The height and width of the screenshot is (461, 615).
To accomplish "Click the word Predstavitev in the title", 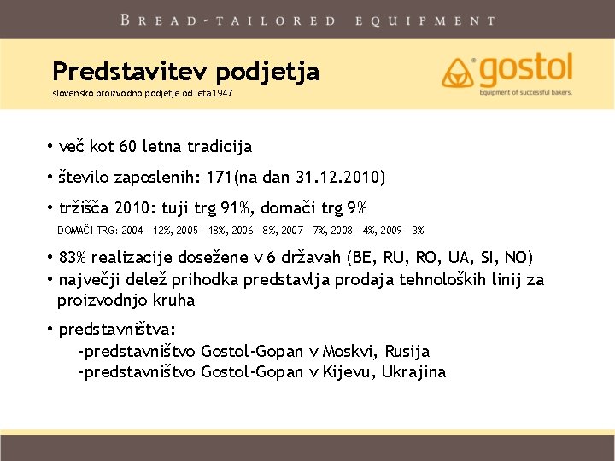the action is (x=131, y=72).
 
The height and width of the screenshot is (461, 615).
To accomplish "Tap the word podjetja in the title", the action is (x=268, y=73).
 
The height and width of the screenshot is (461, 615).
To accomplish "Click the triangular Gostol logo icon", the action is (x=457, y=73).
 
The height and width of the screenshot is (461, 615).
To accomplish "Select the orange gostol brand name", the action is (x=525, y=70).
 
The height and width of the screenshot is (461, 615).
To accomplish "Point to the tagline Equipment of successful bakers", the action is (x=525, y=92).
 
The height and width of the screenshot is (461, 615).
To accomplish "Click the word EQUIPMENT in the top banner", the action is (x=426, y=20).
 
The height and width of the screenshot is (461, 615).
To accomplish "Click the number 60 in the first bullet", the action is (x=127, y=146).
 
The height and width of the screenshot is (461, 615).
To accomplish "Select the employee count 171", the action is (x=220, y=177).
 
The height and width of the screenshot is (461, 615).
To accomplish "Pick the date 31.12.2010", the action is (x=338, y=177).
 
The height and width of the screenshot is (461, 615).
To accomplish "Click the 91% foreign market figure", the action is (x=235, y=207).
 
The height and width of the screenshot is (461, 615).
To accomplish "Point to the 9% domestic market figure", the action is (x=357, y=207).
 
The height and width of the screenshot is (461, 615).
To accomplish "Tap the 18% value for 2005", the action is (x=216, y=230).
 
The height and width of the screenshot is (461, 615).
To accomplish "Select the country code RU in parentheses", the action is (x=393, y=258).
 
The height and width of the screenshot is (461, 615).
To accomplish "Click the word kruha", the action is (x=173, y=301).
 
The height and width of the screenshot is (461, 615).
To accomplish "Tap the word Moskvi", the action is (x=348, y=351).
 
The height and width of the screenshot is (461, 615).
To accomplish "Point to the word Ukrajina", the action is (x=413, y=371).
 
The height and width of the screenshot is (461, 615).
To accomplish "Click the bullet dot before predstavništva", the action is (x=50, y=328).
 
